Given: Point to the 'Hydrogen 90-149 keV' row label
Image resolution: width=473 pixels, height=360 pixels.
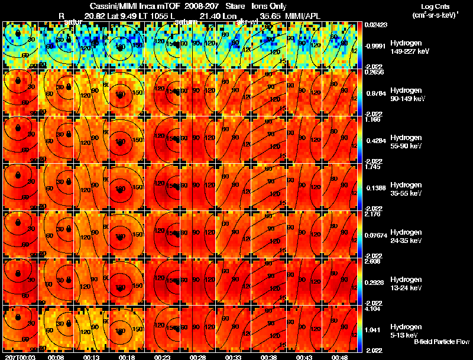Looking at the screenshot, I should (406, 95).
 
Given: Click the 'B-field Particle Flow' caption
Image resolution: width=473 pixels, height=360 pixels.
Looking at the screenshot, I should (442, 342).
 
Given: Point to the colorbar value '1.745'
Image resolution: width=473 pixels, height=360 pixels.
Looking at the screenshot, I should (372, 167).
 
